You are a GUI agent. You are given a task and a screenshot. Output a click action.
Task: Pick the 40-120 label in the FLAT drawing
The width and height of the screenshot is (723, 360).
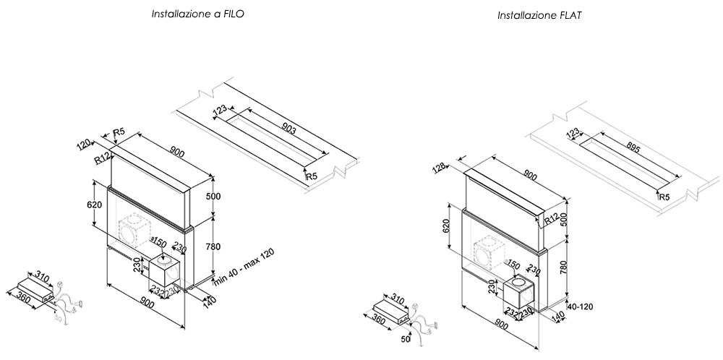pyautogui.click(x=581, y=306)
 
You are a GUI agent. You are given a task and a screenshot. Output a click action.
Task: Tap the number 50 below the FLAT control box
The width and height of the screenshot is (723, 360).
pyautogui.click(x=407, y=338)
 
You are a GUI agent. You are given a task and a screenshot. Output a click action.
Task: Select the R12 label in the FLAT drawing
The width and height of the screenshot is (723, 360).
pyautogui.click(x=555, y=219)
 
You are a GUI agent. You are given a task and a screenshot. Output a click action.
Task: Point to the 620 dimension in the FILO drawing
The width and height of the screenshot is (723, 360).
pyautogui.click(x=94, y=205)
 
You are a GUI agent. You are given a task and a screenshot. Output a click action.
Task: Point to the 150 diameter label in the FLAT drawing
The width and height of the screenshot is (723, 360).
pyautogui.click(x=514, y=264)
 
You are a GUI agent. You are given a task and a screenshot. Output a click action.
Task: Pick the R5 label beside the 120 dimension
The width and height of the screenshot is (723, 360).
pyautogui.click(x=119, y=132)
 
